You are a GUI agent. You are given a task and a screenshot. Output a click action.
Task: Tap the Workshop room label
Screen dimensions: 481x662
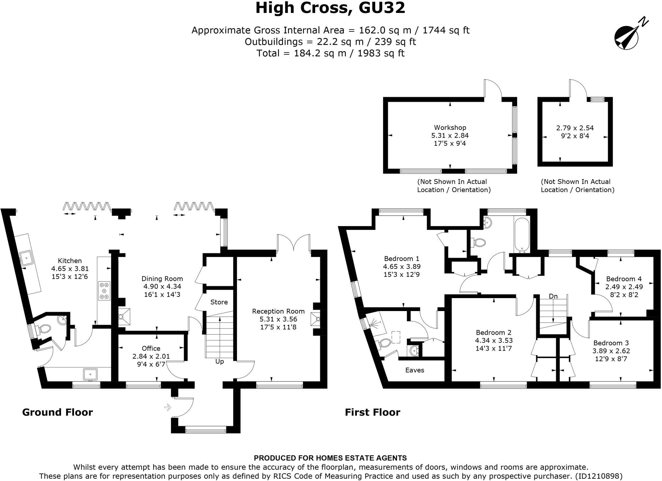[450, 128]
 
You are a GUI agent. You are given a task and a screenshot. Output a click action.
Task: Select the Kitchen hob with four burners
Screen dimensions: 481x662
[104, 291]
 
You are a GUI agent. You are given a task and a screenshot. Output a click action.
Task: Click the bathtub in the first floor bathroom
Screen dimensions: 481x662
[521, 235]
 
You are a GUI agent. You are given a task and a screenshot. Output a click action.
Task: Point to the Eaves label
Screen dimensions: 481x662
[415, 370]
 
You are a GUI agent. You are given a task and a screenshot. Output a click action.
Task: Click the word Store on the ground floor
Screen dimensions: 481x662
[219, 302]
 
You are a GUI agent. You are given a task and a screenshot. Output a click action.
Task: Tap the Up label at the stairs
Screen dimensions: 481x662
[219, 361]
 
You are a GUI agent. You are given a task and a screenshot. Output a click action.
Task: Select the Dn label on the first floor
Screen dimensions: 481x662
[553, 296]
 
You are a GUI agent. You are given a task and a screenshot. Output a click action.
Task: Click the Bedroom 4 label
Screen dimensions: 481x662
[624, 279]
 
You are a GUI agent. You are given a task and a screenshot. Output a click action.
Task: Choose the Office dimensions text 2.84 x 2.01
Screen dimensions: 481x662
[151, 356]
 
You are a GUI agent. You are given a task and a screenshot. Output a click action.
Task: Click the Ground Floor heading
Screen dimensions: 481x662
[58, 412]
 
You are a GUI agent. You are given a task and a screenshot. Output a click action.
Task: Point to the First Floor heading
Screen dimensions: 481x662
[372, 412]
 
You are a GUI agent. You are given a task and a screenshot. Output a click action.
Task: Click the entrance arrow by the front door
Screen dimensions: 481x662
[168, 407]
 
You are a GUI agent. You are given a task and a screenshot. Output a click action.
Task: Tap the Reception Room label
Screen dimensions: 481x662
[278, 311]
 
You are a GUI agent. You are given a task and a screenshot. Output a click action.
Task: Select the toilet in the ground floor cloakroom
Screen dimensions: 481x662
[45, 329]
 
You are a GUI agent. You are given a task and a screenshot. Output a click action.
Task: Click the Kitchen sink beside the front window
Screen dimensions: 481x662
[90, 374]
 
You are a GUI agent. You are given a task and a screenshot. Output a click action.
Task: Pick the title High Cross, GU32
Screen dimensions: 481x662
[330, 8]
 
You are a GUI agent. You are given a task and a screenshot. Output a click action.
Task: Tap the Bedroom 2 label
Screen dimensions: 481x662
[494, 332]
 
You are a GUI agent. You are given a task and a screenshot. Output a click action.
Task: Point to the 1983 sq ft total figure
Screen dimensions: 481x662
[381, 53]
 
